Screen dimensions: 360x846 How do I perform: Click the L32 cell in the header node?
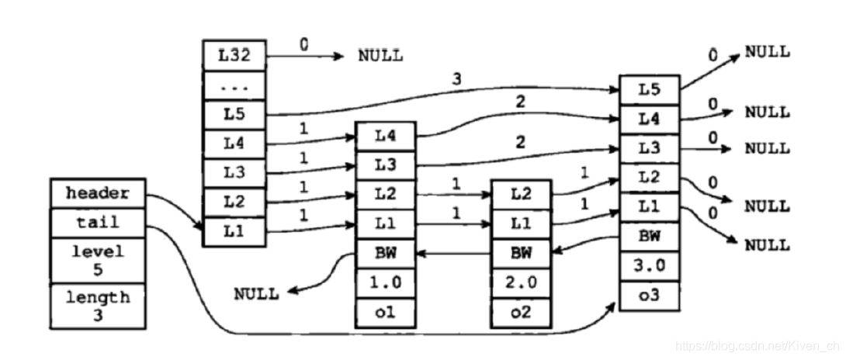pyautogui.click(x=234, y=56)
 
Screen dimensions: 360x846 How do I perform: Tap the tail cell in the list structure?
pyautogui.click(x=97, y=223)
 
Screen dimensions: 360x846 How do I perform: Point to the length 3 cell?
pyautogui.click(x=97, y=306)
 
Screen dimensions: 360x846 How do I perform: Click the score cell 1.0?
pyautogui.click(x=385, y=282)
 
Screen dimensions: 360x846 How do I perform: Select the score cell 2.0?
pyautogui.click(x=521, y=282)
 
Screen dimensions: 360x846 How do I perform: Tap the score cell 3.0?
pyautogui.click(x=650, y=265)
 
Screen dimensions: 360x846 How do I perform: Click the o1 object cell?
pyautogui.click(x=385, y=312)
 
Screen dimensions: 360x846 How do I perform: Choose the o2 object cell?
pyautogui.click(x=521, y=312)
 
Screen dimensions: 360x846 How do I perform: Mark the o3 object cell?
pyautogui.click(x=650, y=296)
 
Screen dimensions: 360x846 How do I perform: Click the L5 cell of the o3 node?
pyautogui.click(x=650, y=90)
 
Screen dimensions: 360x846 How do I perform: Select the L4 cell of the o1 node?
pyautogui.click(x=385, y=137)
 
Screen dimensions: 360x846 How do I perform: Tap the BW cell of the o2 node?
pyautogui.click(x=521, y=253)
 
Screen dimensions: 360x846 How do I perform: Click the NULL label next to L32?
pyautogui.click(x=380, y=56)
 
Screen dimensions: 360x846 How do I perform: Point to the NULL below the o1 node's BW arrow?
pyautogui.click(x=258, y=294)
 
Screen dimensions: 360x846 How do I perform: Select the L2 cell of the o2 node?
pyautogui.click(x=521, y=194)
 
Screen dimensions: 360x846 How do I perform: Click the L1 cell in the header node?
pyautogui.click(x=234, y=231)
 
